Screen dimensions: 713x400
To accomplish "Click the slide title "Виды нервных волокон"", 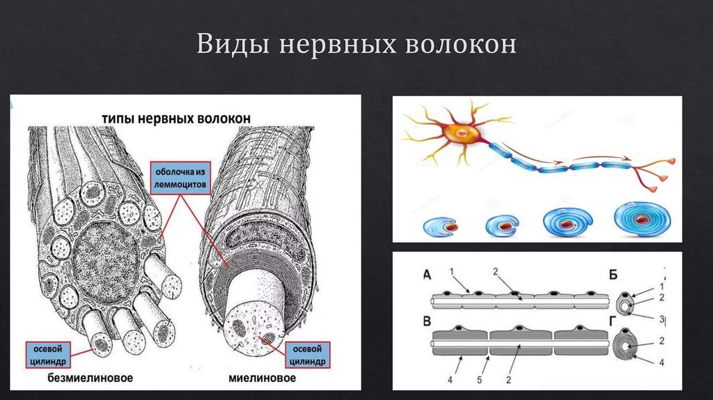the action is [356, 45].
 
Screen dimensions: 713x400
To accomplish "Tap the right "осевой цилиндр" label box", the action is [306, 354].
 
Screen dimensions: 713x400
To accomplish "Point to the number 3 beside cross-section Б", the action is [660, 318].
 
